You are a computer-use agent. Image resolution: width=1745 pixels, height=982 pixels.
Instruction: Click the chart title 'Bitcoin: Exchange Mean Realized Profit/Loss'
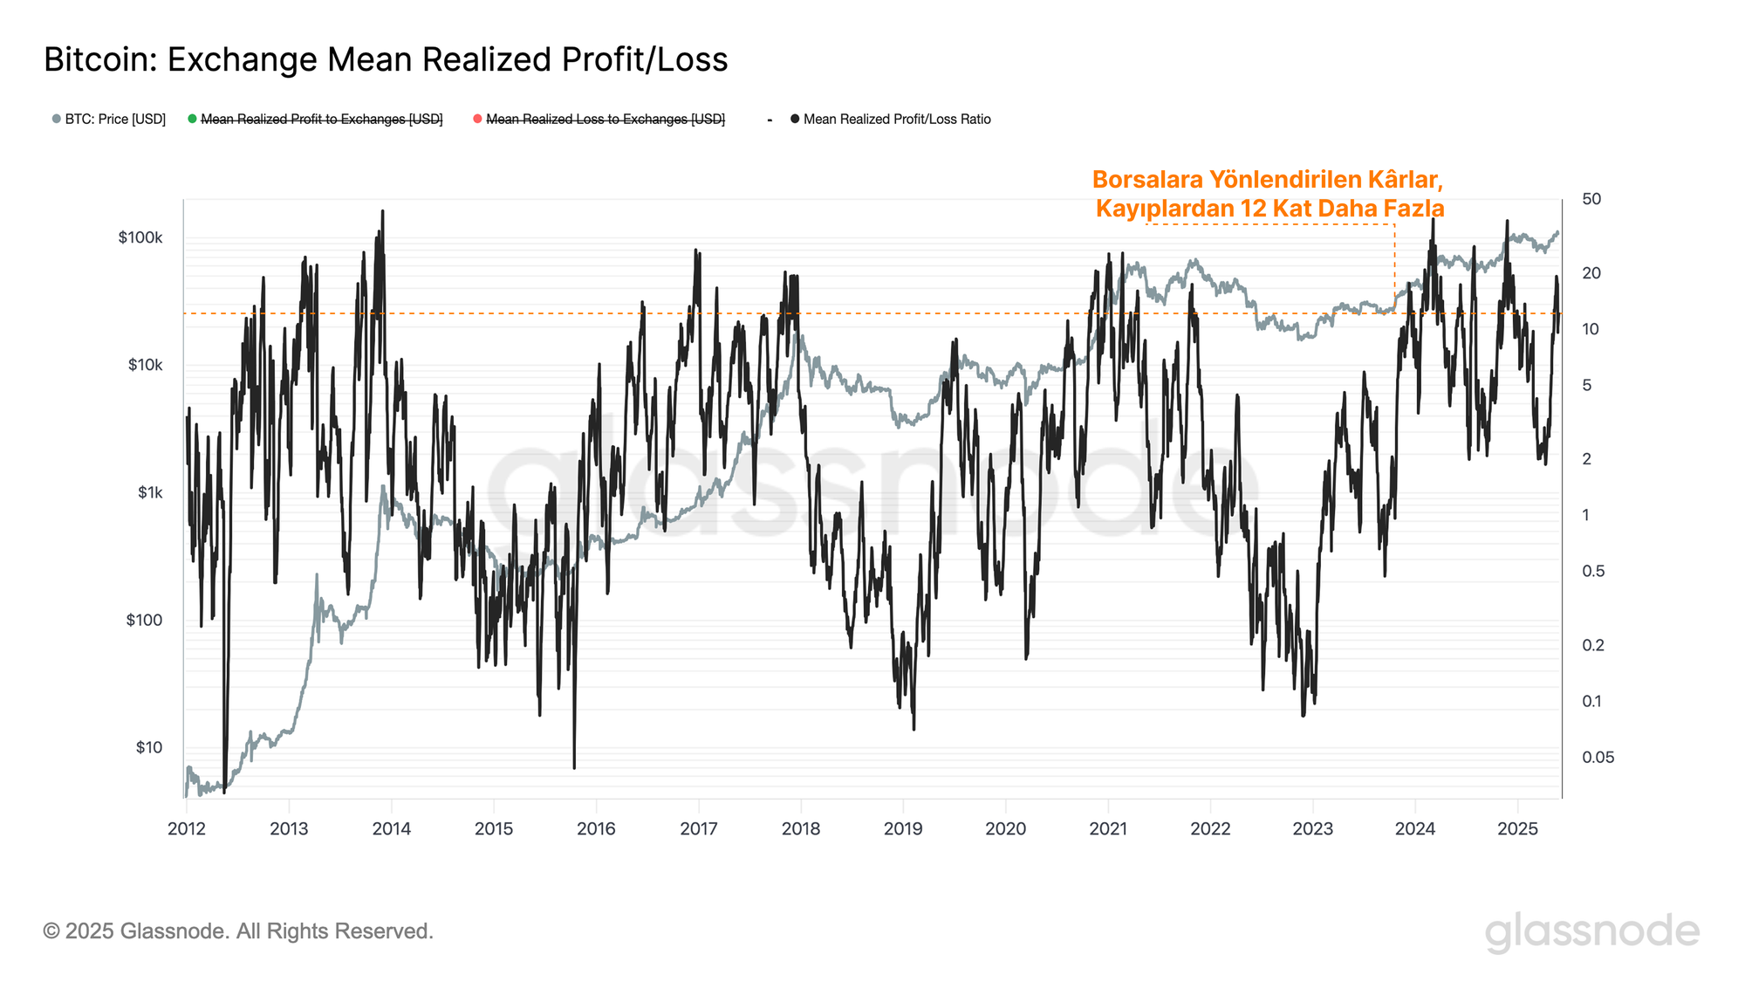(x=386, y=59)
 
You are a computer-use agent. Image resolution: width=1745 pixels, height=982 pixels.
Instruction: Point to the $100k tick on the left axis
(x=140, y=238)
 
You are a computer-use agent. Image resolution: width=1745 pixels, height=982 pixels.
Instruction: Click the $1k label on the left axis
(x=150, y=493)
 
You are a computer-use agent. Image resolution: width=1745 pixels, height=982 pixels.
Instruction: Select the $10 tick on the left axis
(x=148, y=748)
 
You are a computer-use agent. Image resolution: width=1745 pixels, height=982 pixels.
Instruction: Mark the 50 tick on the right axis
(x=1591, y=199)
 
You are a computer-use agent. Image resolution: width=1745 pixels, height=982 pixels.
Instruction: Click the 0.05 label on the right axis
(x=1598, y=758)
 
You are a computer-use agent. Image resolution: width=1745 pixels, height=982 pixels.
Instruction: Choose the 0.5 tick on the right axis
(x=1592, y=572)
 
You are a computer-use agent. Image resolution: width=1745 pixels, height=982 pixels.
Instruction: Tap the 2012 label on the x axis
(x=186, y=829)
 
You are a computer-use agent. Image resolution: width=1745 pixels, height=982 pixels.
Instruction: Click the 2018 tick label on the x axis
(x=801, y=829)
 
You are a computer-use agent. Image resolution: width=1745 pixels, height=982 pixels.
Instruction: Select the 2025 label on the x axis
(x=1517, y=829)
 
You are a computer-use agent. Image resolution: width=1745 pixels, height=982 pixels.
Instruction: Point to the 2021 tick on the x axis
(x=1108, y=829)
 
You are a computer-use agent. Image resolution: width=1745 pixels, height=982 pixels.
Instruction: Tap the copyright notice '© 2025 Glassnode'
(x=238, y=931)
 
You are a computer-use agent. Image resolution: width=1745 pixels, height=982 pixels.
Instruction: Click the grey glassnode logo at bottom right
(x=1591, y=932)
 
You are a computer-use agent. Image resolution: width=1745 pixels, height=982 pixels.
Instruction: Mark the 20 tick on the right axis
(x=1591, y=273)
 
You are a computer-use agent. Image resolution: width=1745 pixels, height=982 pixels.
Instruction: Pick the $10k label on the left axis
(x=145, y=366)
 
